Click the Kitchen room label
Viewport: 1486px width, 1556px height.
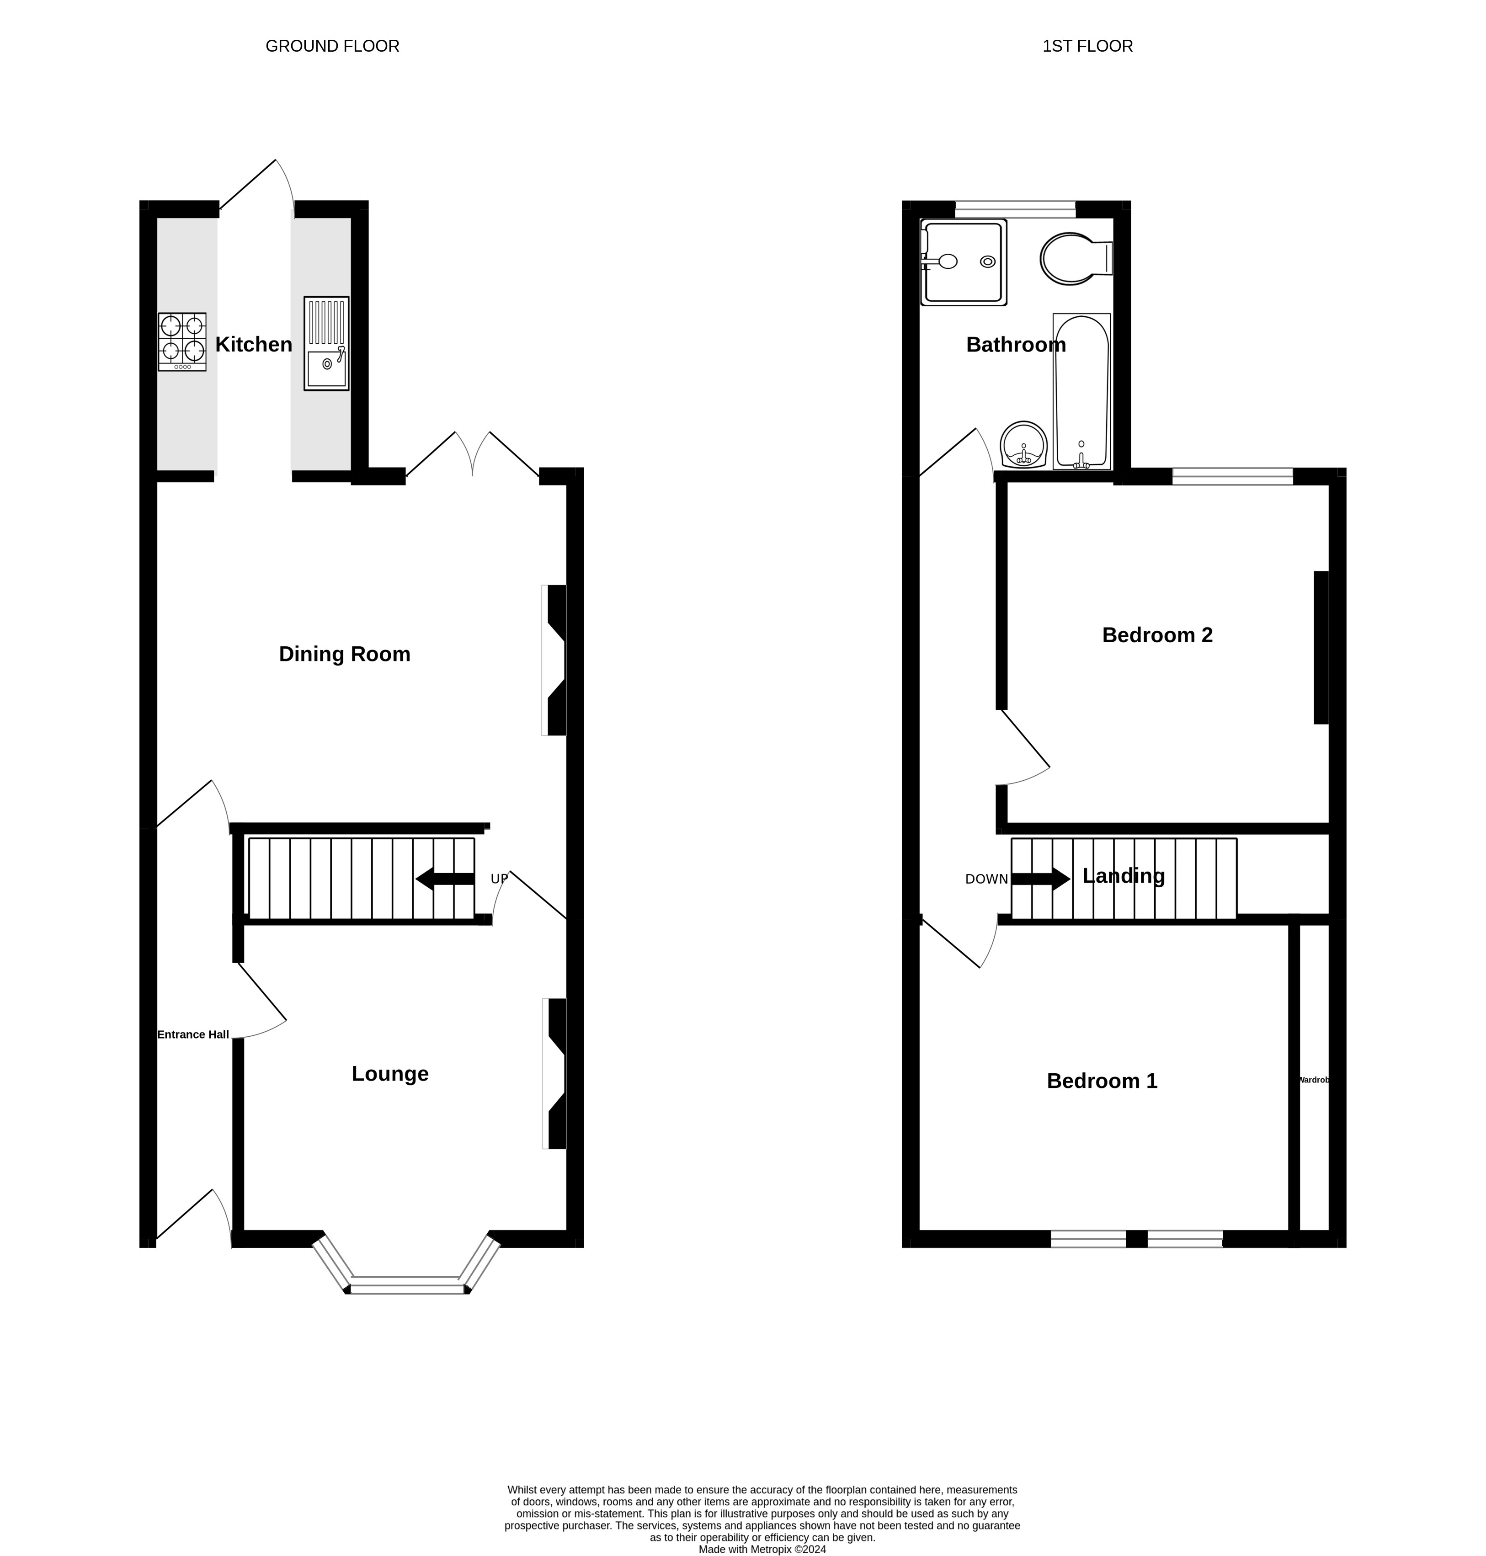(254, 345)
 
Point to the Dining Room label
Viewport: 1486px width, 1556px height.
(345, 655)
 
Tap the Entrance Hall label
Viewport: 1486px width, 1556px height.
(193, 1035)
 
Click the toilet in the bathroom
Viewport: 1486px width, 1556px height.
(1076, 258)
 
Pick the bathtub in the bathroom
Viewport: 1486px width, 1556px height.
(1081, 391)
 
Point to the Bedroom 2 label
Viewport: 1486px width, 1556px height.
(1157, 635)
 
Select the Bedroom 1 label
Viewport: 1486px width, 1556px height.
(1102, 1082)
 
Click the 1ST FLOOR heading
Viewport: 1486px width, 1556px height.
(1087, 47)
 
